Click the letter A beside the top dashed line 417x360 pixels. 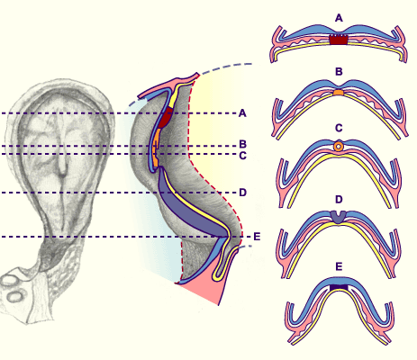tap(242, 113)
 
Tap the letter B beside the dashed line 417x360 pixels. tap(242, 144)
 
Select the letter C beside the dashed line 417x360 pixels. tap(242, 156)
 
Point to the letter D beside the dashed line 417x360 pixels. tap(242, 193)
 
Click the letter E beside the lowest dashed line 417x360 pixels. tap(257, 237)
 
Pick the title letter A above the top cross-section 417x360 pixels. tap(339, 18)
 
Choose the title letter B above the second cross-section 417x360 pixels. tap(339, 72)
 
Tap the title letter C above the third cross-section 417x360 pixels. tap(339, 128)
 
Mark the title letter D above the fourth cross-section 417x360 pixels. tap(339, 199)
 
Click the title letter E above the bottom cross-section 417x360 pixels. tap(339, 266)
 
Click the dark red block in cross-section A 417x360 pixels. tap(339, 40)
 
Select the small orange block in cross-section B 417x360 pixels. tap(339, 93)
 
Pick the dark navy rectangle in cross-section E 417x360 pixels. tap(339, 287)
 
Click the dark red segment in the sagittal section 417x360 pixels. tap(164, 118)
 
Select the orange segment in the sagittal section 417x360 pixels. tap(156, 148)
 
